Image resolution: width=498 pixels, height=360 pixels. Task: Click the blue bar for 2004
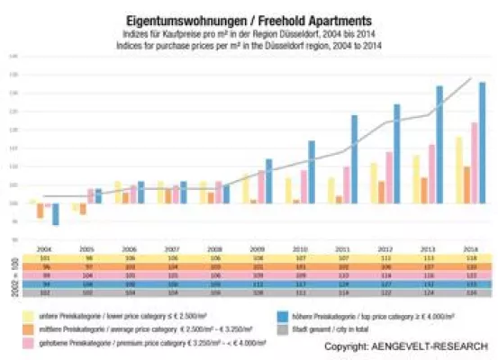click(55, 213)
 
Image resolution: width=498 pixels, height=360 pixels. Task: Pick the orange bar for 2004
click(41, 211)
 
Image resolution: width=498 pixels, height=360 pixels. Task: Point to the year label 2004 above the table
click(42, 247)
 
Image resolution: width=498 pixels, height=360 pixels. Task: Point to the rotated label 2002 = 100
click(11, 274)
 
